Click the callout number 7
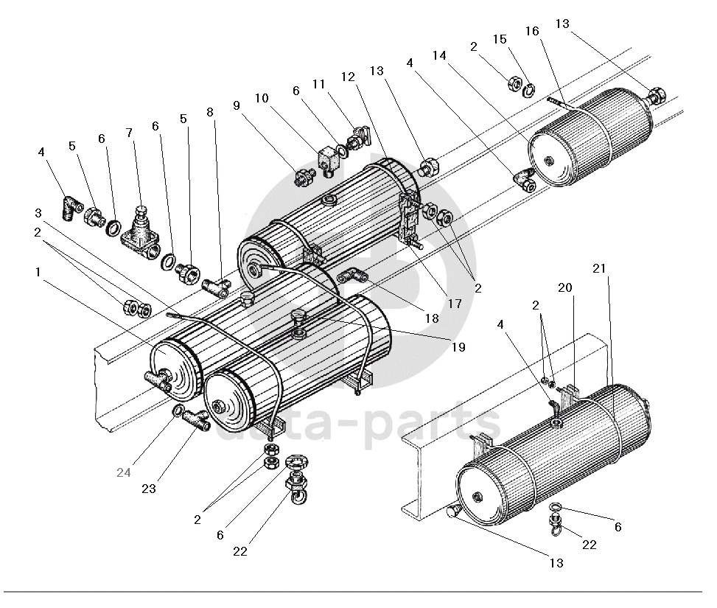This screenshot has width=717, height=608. click(x=130, y=133)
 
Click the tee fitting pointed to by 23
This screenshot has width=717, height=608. click(x=195, y=419)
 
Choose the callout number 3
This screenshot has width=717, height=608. click(x=38, y=213)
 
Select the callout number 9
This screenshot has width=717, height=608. click(x=237, y=105)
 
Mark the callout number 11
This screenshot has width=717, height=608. click(x=318, y=84)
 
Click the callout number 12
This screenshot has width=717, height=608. click(x=348, y=77)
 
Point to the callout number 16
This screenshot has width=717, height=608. click(x=532, y=30)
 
